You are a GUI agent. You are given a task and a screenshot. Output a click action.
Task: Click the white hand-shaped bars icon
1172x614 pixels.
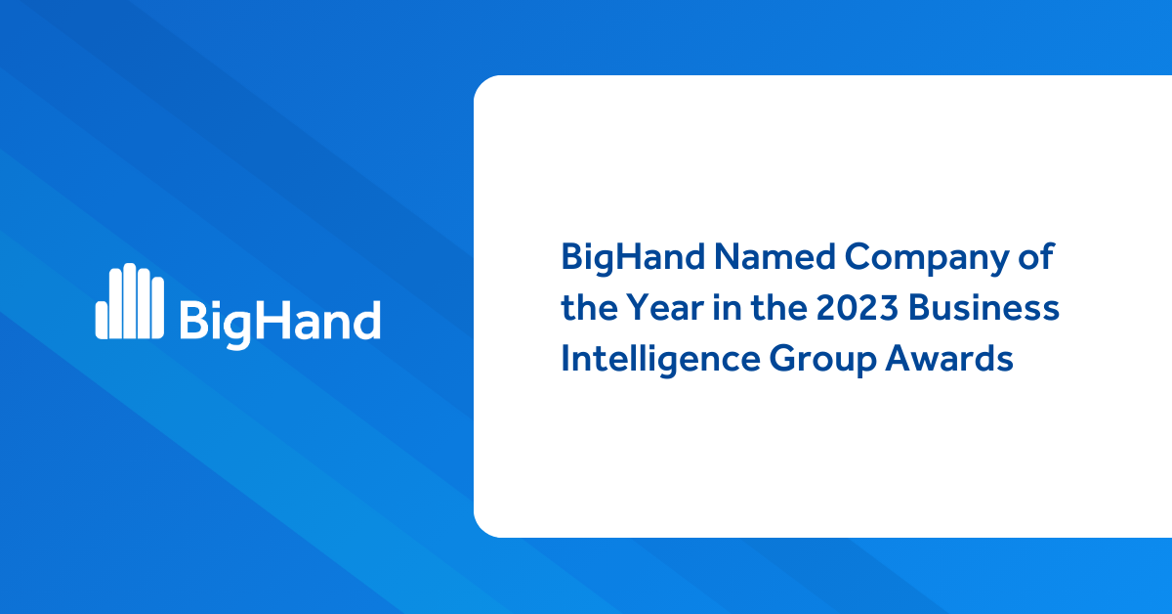[x=130, y=302]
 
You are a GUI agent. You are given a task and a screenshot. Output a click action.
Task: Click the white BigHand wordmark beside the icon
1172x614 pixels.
[x=279, y=320]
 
